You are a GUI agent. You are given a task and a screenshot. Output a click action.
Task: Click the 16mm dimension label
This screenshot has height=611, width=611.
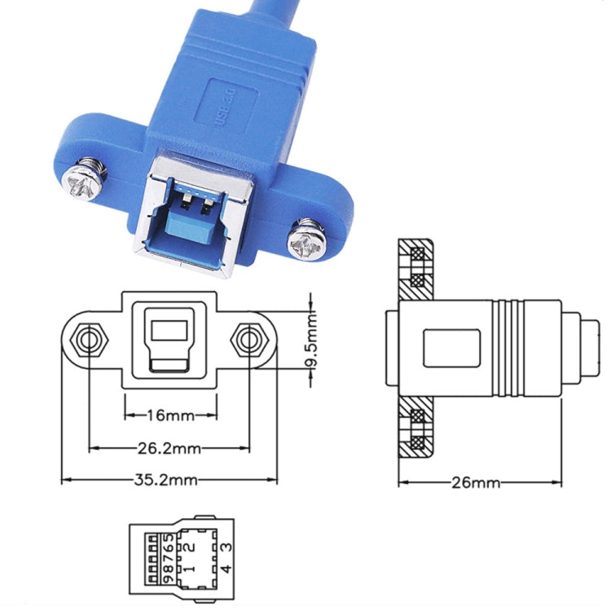pos(170,415)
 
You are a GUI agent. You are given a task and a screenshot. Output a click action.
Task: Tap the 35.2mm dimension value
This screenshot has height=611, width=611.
pos(168,480)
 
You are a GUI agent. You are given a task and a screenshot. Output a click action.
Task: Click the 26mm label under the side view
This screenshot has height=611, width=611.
pos(476,482)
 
